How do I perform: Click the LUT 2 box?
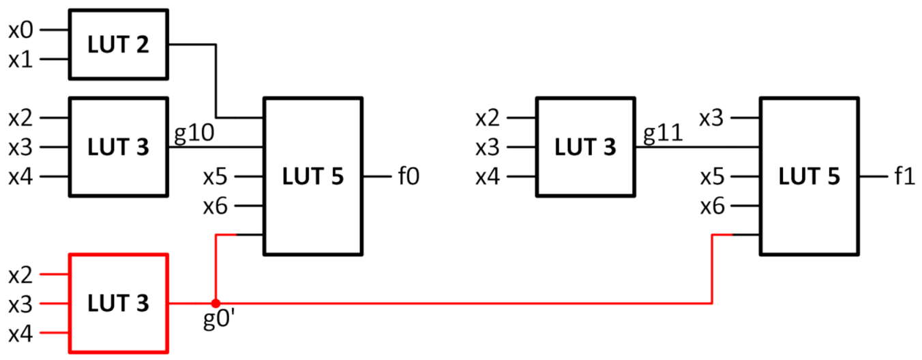(x=118, y=44)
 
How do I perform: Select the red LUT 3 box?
(x=118, y=303)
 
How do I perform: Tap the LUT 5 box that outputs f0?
(x=313, y=177)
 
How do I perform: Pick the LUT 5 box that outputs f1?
(x=809, y=177)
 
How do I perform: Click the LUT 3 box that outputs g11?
(x=585, y=147)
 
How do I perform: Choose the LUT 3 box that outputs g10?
(x=118, y=147)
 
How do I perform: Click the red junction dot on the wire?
(x=215, y=303)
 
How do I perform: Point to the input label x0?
(x=20, y=30)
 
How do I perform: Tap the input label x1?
(x=20, y=59)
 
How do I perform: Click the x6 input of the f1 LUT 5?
(x=713, y=206)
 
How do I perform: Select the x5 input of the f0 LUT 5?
(x=215, y=177)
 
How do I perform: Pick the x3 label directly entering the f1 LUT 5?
(x=713, y=118)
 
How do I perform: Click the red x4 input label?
(x=20, y=333)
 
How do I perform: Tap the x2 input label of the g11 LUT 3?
(x=488, y=118)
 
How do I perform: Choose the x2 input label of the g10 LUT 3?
(x=20, y=118)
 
